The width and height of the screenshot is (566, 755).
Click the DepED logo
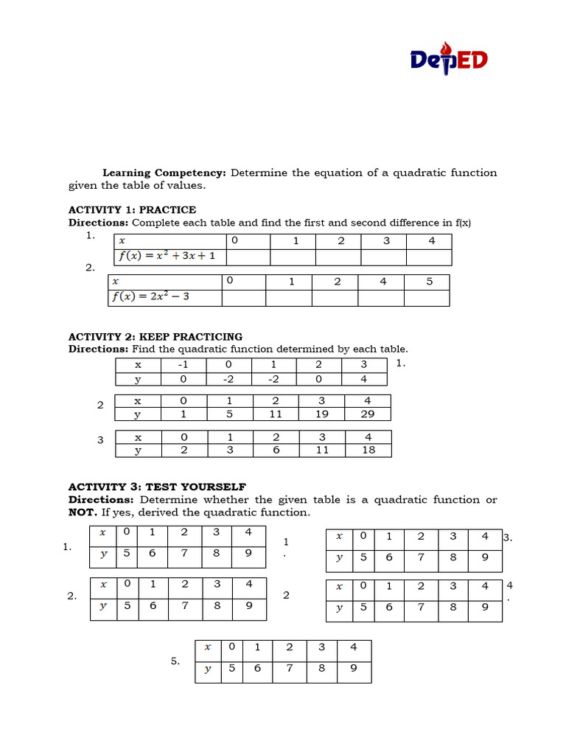pyautogui.click(x=449, y=59)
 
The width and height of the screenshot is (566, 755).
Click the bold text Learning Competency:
pyautogui.click(x=164, y=173)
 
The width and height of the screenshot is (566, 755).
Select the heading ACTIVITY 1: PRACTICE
pyautogui.click(x=132, y=209)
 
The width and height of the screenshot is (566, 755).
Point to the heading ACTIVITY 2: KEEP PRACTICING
pyautogui.click(x=156, y=337)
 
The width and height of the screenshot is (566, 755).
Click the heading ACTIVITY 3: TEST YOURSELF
pyautogui.click(x=157, y=487)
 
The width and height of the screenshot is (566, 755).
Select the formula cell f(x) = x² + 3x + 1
pyautogui.click(x=170, y=257)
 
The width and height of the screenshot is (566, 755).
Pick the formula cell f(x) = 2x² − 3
pyautogui.click(x=150, y=297)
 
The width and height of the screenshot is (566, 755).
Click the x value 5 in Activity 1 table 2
pyautogui.click(x=429, y=282)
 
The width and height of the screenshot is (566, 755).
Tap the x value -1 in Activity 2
pyautogui.click(x=183, y=365)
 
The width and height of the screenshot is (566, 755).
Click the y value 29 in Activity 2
pyautogui.click(x=368, y=414)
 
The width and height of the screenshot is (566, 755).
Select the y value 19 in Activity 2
pyautogui.click(x=322, y=414)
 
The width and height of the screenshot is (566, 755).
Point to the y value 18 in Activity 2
pyautogui.click(x=368, y=450)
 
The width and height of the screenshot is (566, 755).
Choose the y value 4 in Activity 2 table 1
pyautogui.click(x=363, y=379)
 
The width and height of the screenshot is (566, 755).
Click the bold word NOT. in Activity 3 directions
pyautogui.click(x=83, y=512)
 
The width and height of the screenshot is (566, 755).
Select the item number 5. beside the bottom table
pyautogui.click(x=175, y=661)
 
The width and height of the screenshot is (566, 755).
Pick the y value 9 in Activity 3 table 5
pyautogui.click(x=353, y=669)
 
